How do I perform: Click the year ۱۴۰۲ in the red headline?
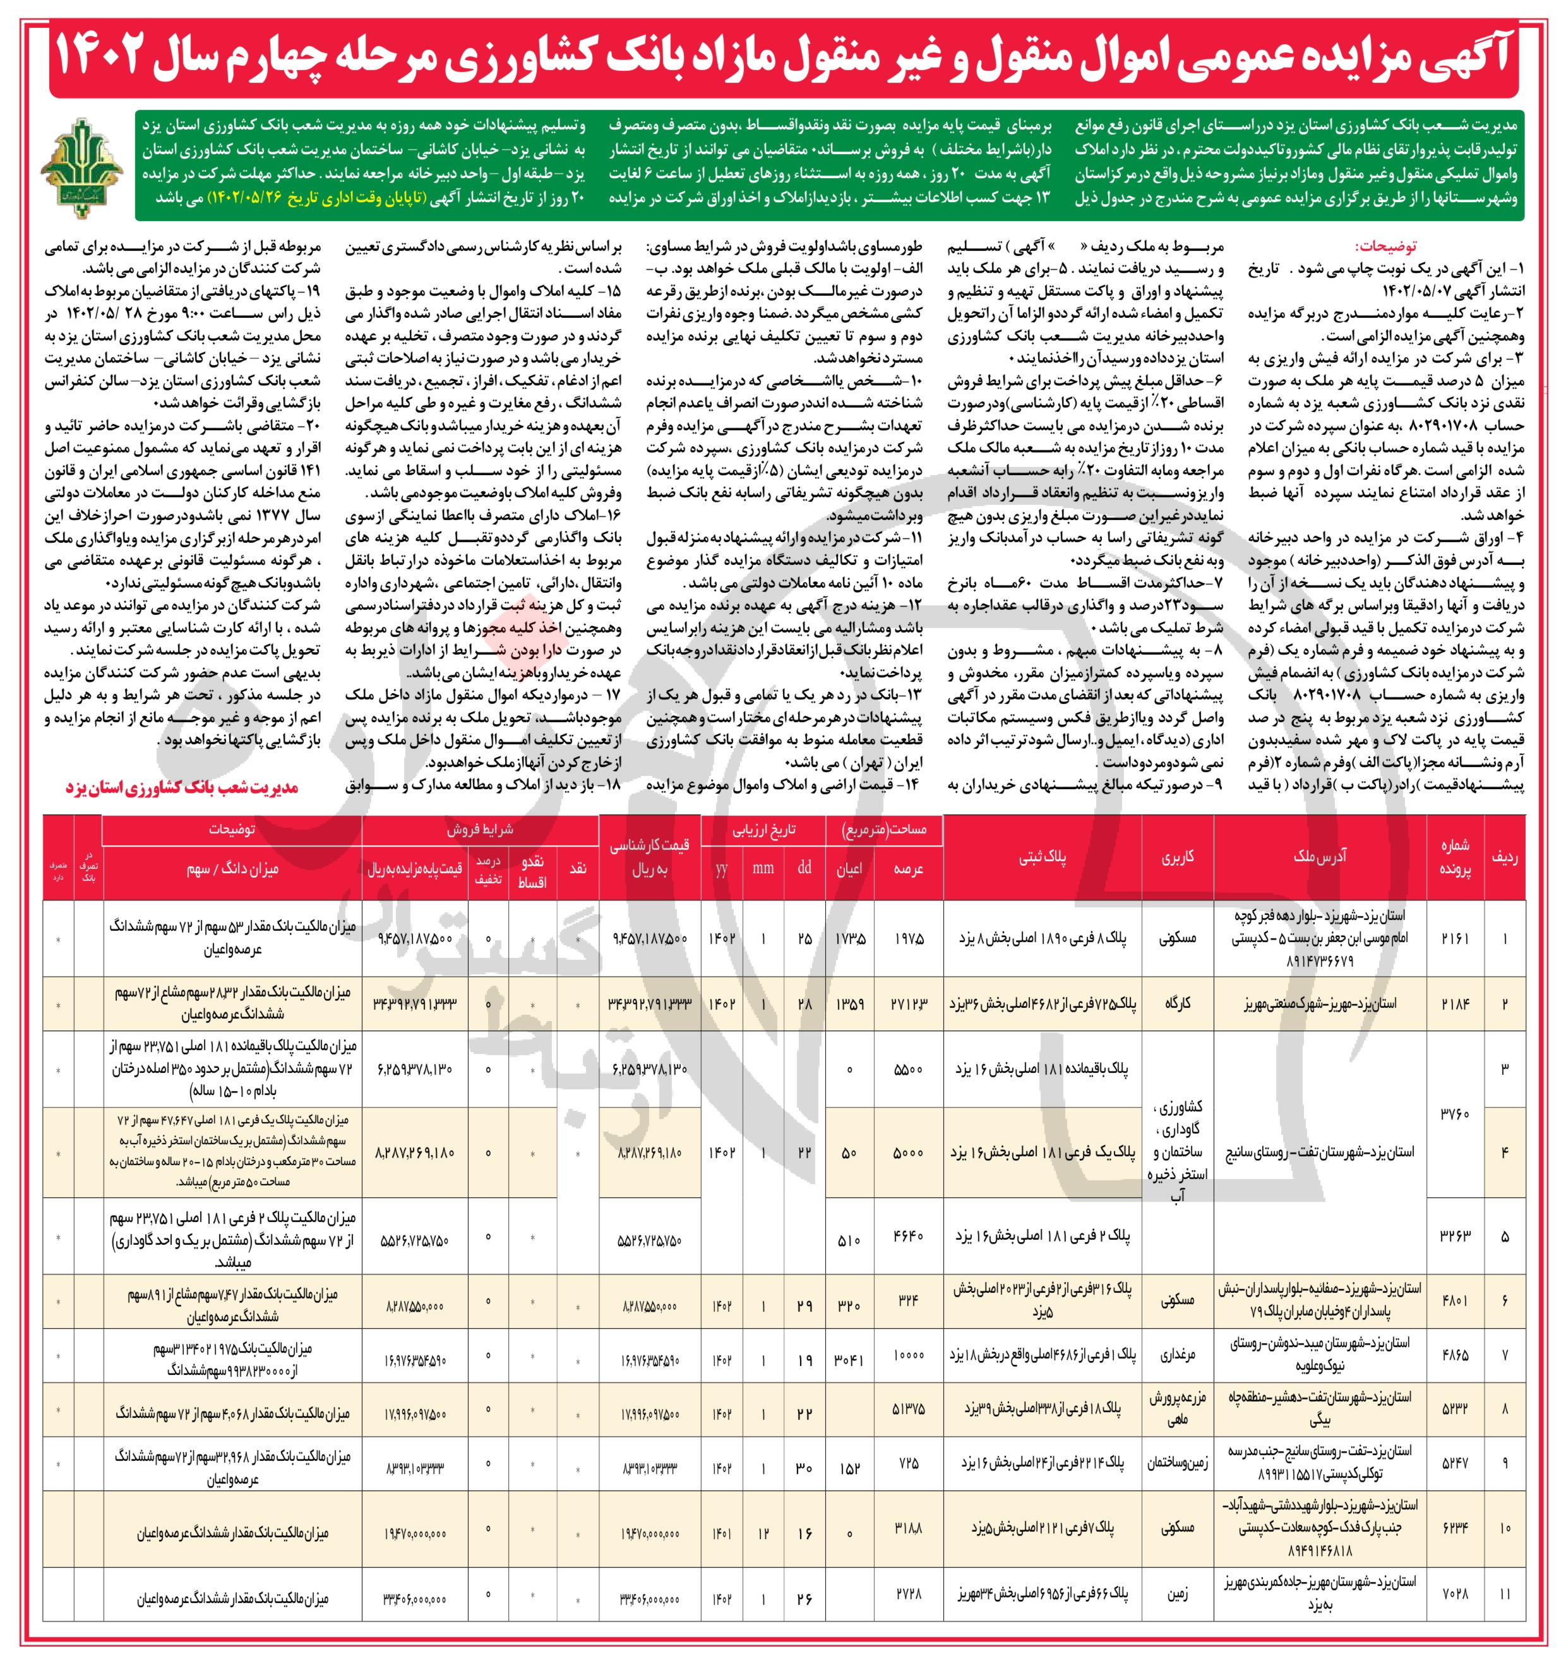[109, 56]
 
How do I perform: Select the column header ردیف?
[1504, 857]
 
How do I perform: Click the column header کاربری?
[1177, 857]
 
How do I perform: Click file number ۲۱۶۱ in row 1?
[1455, 938]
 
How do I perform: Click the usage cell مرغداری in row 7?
[1177, 1354]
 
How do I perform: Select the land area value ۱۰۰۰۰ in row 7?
[907, 1354]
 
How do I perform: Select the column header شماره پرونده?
[1455, 857]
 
